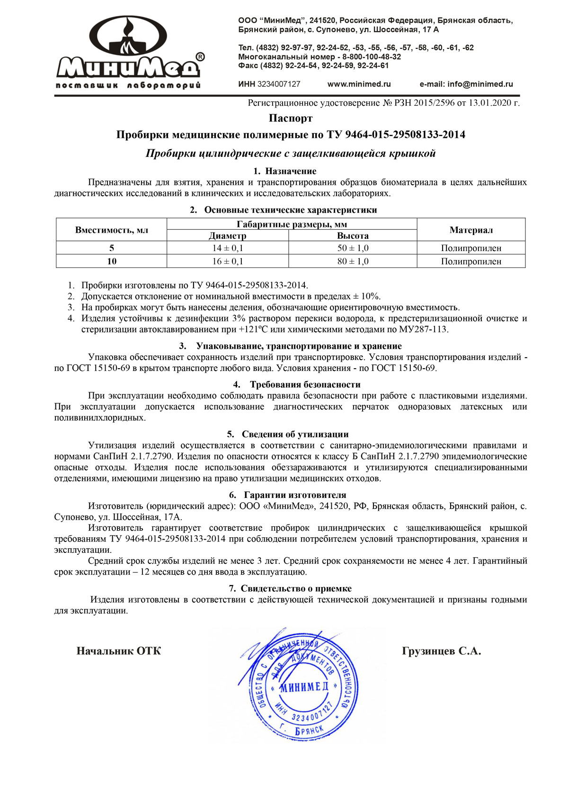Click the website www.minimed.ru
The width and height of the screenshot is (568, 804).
[x=359, y=84]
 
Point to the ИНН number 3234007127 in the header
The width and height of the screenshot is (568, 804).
[x=279, y=84]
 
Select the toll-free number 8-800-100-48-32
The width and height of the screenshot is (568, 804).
[x=372, y=57]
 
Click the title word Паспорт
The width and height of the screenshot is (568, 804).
[x=291, y=118]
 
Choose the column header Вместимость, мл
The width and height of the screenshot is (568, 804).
[x=111, y=230]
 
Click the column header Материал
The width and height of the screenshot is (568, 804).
[x=471, y=230]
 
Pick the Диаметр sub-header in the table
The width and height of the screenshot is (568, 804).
[x=227, y=236]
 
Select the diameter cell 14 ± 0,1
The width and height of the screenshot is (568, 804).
[x=227, y=248]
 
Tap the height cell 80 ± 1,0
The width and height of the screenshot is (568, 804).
[x=353, y=262]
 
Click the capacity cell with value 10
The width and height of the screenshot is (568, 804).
[x=111, y=262]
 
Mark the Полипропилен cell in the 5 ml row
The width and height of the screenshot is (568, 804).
[x=471, y=248]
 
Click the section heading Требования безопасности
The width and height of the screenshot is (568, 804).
[x=305, y=385]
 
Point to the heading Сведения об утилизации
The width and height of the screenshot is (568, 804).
[x=295, y=434]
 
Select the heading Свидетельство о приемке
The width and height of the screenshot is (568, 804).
[x=296, y=589]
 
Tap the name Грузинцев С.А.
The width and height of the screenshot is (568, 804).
[x=441, y=651]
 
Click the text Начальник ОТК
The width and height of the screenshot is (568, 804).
[x=118, y=651]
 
